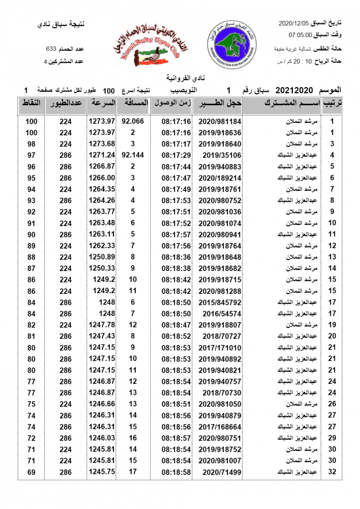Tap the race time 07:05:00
(x=300, y=34)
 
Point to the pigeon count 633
(x=52, y=49)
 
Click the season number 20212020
(x=294, y=90)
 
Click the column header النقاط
(x=31, y=103)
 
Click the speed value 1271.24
(x=102, y=155)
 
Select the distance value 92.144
(x=132, y=155)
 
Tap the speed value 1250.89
(x=102, y=257)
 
